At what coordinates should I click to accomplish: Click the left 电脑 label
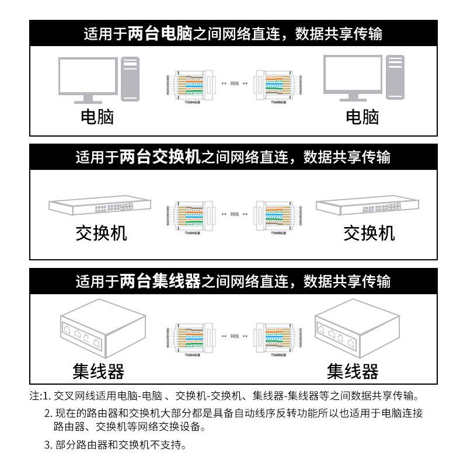97,117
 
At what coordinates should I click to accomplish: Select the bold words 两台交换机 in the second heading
160,157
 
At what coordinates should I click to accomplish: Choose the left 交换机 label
101,233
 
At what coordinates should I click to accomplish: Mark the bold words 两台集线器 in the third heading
160,282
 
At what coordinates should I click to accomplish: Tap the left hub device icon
103,333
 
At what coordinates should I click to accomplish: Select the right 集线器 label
352,371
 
